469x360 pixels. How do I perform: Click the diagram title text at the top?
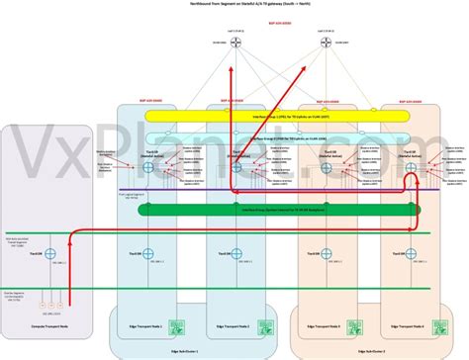click(234, 5)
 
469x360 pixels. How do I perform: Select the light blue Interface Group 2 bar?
click(268, 139)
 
